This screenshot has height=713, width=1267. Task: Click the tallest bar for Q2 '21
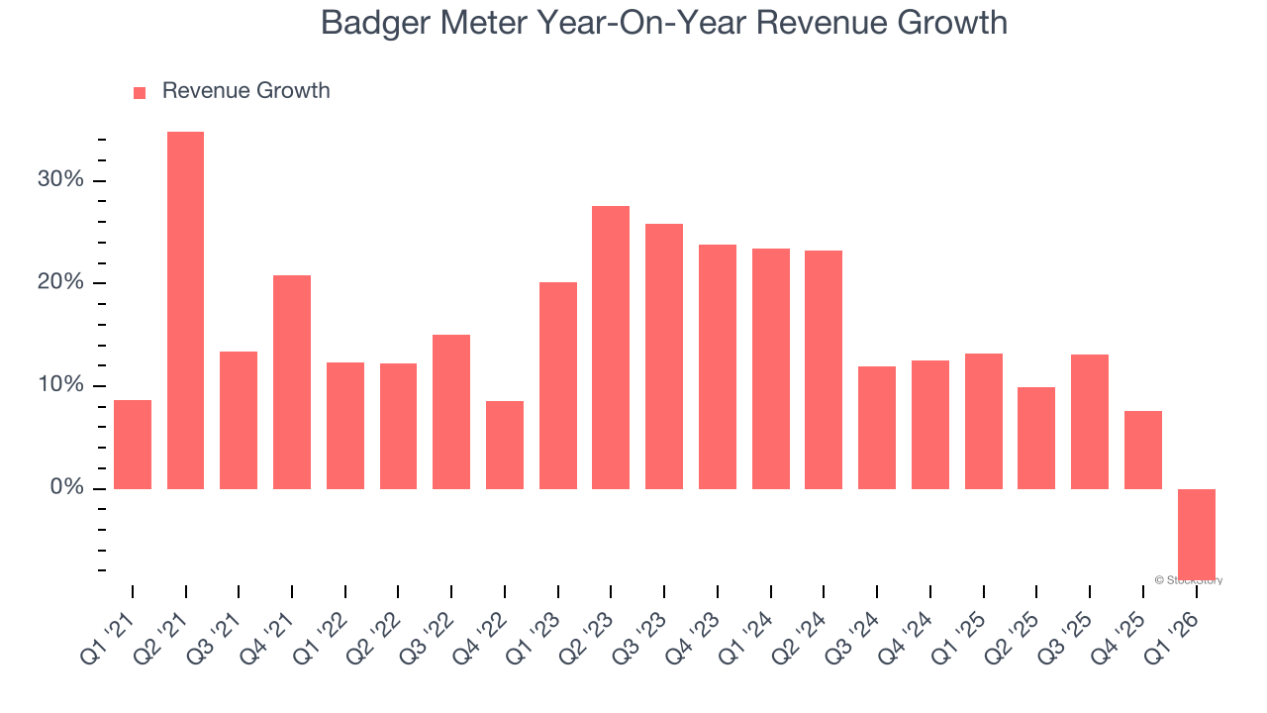pos(185,310)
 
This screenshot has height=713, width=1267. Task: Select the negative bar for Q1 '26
pos(1196,533)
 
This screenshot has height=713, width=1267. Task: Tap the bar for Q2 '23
pos(611,348)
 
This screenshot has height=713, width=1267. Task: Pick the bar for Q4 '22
pos(505,445)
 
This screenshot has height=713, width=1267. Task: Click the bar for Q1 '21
pos(133,445)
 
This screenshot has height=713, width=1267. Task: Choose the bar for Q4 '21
pos(292,382)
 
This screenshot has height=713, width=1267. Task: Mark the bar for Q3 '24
pos(877,428)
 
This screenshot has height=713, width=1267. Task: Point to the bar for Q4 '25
pos(1142,450)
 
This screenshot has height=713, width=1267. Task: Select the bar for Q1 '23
pos(558,385)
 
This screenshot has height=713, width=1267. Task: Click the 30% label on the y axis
pos(60,180)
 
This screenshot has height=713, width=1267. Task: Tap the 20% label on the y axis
pos(60,283)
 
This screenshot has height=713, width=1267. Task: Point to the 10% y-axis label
pos(60,386)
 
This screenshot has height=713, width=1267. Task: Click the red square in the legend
pos(140,92)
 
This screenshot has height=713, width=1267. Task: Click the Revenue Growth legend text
pos(245,91)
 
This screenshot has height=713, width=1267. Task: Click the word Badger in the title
pos(374,23)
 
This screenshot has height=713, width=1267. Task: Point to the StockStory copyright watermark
pos(1189,580)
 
